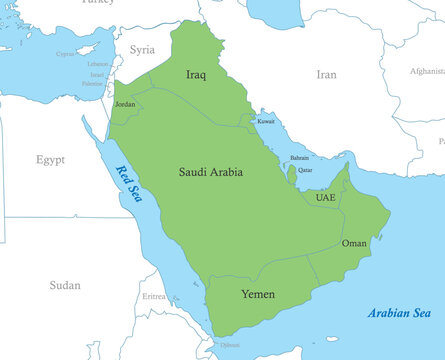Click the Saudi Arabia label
210,173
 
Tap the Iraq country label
196,75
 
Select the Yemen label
258,294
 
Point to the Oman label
354,243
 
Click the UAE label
326,198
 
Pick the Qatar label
306,171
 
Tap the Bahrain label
299,158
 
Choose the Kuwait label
266,121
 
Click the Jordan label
125,104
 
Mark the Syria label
143,49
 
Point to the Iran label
327,75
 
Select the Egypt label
50,160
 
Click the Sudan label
65,285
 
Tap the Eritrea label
154,297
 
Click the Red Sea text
129,183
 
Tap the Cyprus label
66,54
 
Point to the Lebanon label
97,64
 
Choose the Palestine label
92,84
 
